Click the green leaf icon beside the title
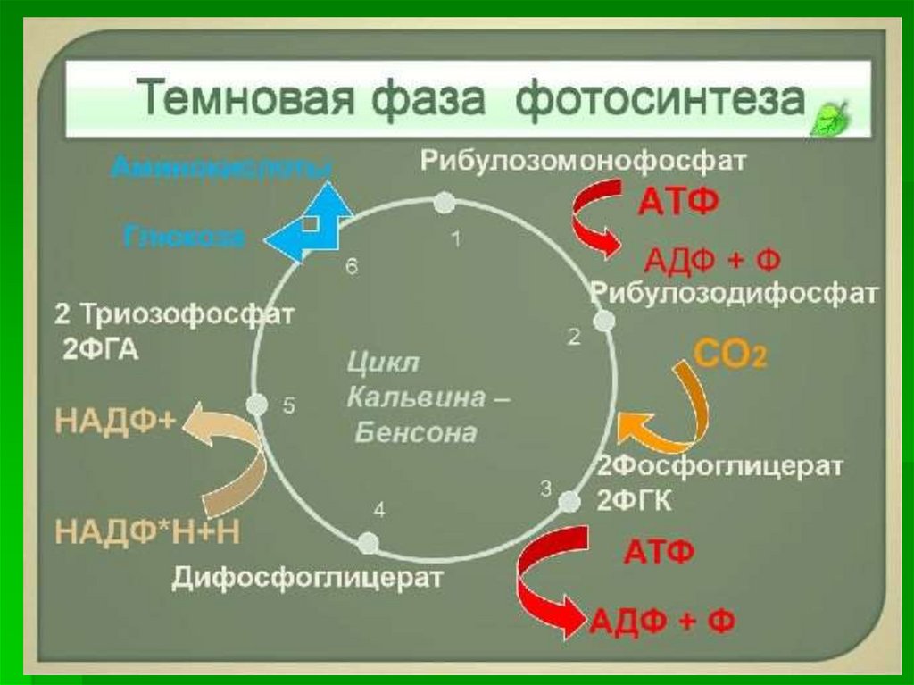(829, 116)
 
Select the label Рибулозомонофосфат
(583, 162)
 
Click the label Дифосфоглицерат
(308, 579)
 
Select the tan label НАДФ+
(116, 421)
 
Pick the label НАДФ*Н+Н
(148, 531)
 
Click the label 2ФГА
(100, 348)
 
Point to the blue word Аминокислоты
(222, 167)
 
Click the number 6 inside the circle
(352, 267)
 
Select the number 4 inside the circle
(379, 510)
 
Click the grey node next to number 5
(257, 405)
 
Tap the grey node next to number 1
(444, 205)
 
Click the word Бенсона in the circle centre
(415, 434)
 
